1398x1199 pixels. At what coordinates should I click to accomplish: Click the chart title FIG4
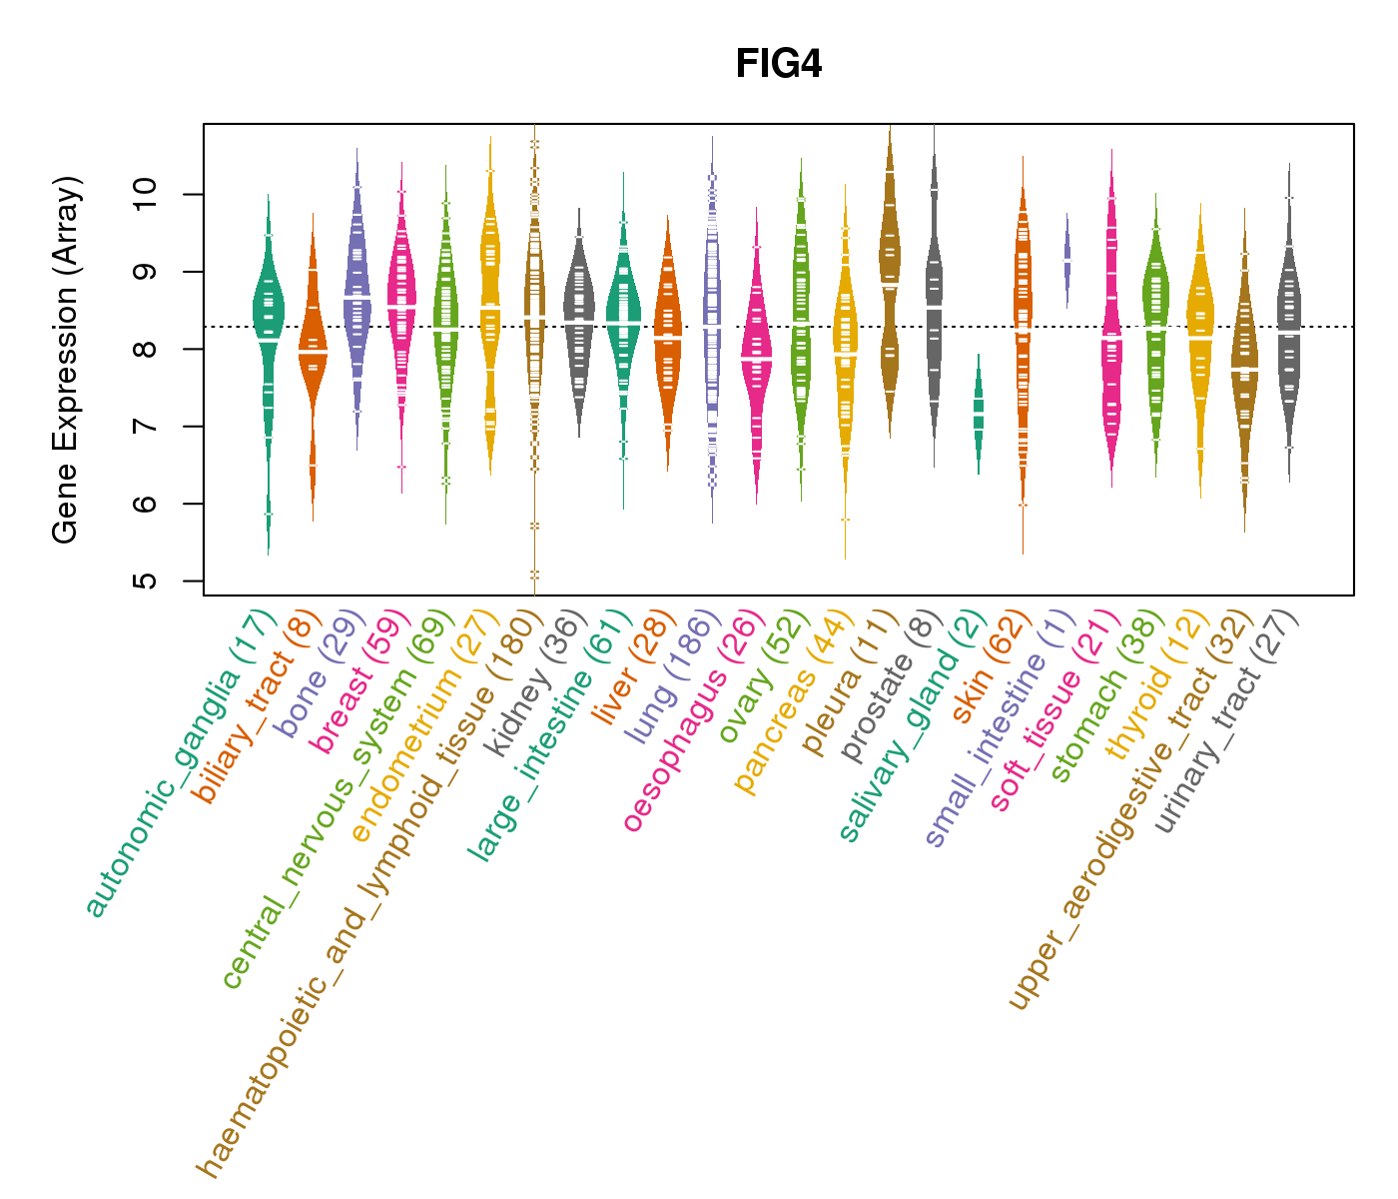pyautogui.click(x=778, y=64)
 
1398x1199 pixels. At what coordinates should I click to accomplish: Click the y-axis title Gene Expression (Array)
pyautogui.click(x=66, y=360)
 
